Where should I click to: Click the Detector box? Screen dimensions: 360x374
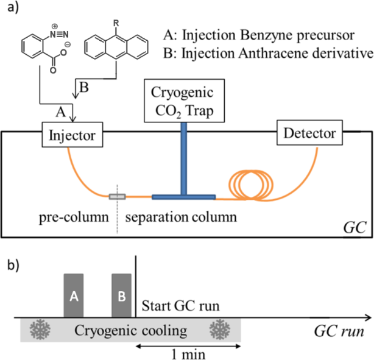point(307,132)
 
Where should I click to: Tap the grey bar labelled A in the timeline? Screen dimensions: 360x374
point(74,295)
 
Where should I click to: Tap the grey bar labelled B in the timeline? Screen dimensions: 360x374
point(122,295)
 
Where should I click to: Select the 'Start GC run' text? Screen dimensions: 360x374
point(180,305)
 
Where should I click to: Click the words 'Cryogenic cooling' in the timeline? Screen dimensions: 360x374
point(130,331)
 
